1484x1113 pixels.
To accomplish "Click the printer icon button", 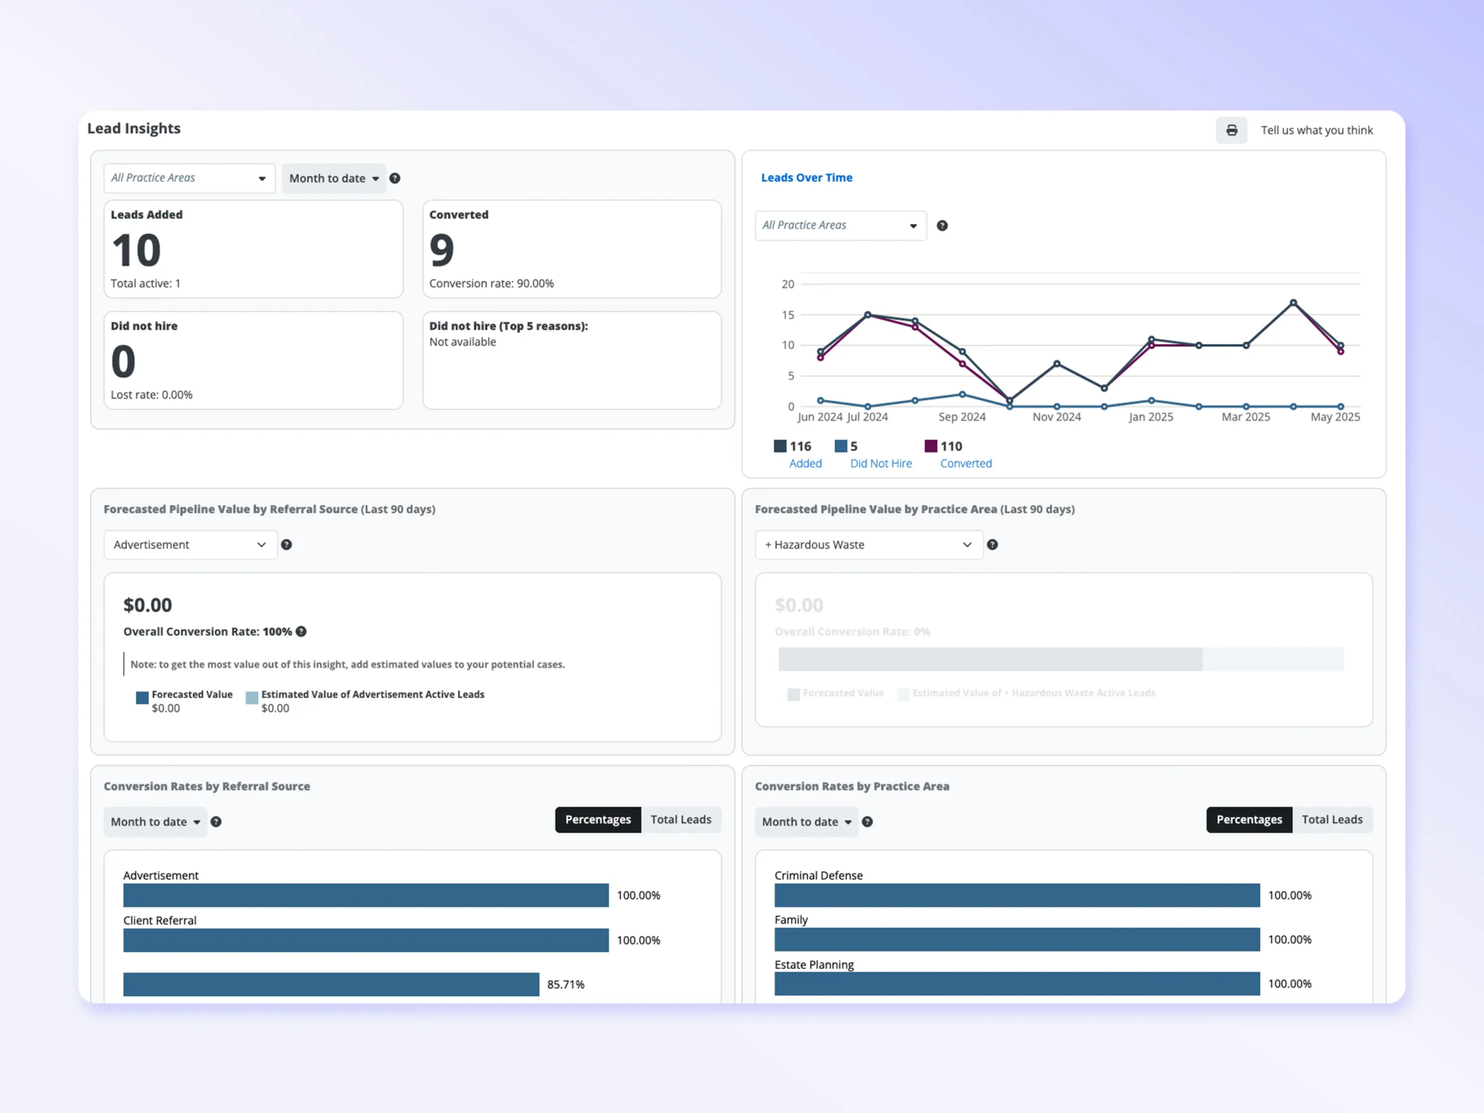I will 1231,130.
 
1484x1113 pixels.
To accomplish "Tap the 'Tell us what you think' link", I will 1316,130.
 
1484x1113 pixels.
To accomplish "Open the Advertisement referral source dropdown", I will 190,545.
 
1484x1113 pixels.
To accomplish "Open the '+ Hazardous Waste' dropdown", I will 868,545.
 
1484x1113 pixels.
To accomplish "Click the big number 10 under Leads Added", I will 136,251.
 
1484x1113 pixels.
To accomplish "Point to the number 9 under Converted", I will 441,251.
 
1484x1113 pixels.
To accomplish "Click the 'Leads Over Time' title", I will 806,178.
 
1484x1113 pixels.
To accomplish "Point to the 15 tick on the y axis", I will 788,315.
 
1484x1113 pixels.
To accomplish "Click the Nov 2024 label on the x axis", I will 1057,417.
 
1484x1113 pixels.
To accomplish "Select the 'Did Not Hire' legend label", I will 881,464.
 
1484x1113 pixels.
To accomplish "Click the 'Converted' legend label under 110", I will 965,464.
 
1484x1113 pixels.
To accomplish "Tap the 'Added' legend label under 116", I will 805,464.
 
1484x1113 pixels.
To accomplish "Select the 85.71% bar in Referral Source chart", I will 331,984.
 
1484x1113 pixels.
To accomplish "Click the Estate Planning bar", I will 1017,984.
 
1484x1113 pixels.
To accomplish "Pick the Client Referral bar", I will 365,940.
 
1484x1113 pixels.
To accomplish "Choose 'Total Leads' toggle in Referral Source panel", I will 680,820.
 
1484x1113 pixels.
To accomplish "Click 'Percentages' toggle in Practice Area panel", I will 1248,820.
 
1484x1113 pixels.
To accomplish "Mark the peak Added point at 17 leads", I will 1294,302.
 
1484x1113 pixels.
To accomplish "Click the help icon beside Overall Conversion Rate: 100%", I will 301,631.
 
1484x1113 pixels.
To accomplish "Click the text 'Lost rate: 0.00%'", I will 151,395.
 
